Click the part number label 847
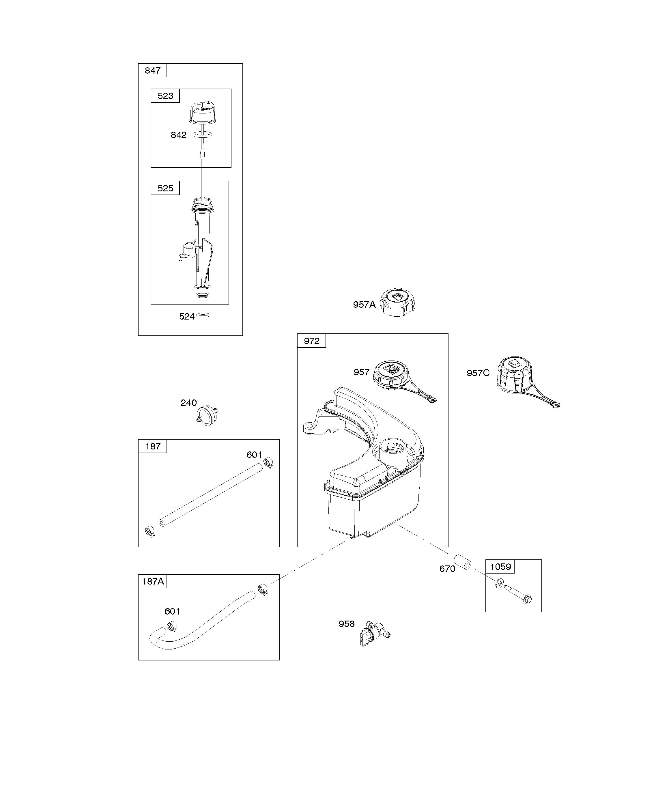click(153, 70)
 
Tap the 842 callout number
click(179, 135)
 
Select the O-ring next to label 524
click(204, 315)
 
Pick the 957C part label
click(478, 373)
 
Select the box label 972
click(312, 341)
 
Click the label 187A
click(153, 581)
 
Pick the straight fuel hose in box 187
click(211, 495)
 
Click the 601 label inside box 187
click(255, 455)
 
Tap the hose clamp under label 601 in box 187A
click(172, 626)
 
